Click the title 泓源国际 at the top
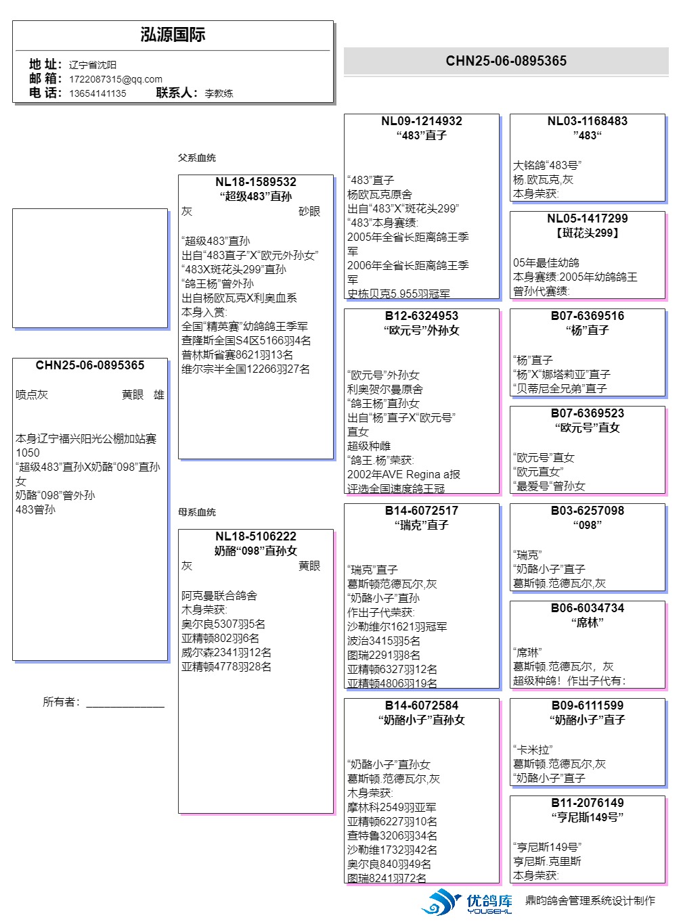pyautogui.click(x=173, y=35)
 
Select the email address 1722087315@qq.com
pyautogui.click(x=116, y=79)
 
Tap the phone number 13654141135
pyautogui.click(x=97, y=93)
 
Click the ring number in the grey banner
pyautogui.click(x=506, y=61)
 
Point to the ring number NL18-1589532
pyautogui.click(x=256, y=182)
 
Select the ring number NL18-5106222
pyautogui.click(x=256, y=536)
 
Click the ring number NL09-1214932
pyautogui.click(x=421, y=121)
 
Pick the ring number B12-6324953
pyautogui.click(x=421, y=316)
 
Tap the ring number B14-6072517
pyautogui.click(x=421, y=511)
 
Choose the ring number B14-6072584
pyautogui.click(x=421, y=706)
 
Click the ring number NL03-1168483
pyautogui.click(x=587, y=121)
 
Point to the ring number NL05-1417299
pyautogui.click(x=587, y=218)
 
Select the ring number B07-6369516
pyautogui.click(x=587, y=316)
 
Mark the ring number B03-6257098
pyautogui.click(x=587, y=511)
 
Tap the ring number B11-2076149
pyautogui.click(x=587, y=803)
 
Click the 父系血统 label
pyautogui.click(x=197, y=158)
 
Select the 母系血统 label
pyautogui.click(x=197, y=512)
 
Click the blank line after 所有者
pyautogui.click(x=125, y=703)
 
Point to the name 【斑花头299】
pyautogui.click(x=587, y=233)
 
